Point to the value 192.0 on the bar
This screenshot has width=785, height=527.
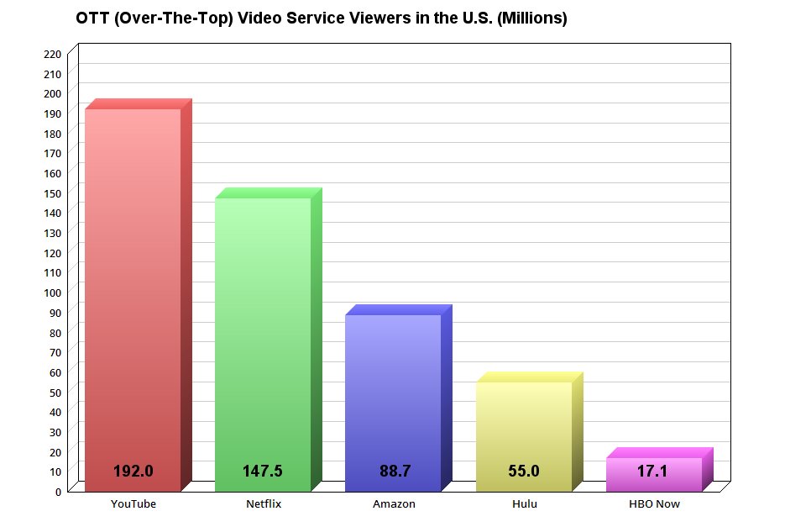[x=133, y=472]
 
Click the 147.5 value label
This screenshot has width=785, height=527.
[x=263, y=472]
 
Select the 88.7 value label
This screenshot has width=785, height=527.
[x=395, y=472]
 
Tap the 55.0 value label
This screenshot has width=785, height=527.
[x=524, y=472]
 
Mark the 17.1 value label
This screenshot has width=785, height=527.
[x=652, y=472]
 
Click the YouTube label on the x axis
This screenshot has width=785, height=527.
[x=133, y=504]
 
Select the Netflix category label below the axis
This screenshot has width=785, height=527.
[x=264, y=504]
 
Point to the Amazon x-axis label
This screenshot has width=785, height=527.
[x=394, y=504]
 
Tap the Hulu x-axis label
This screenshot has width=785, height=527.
[x=524, y=504]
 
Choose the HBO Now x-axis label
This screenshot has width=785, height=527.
[x=654, y=504]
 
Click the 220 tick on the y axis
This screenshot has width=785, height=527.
[x=52, y=54]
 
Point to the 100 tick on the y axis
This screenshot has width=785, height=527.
[x=52, y=292]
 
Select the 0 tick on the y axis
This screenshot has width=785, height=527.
[x=58, y=492]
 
